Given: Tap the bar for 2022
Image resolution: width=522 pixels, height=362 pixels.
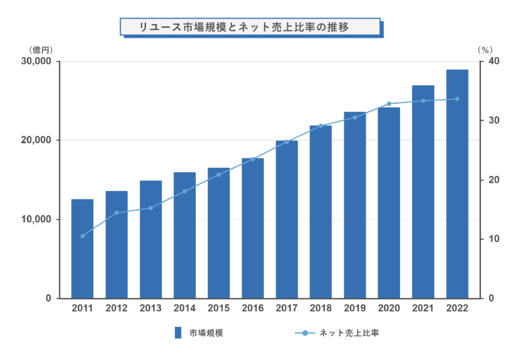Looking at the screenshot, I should click(x=457, y=184).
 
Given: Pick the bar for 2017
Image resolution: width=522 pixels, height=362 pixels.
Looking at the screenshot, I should click(x=286, y=219).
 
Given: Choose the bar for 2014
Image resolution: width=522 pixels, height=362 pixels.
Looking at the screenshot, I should click(x=185, y=235).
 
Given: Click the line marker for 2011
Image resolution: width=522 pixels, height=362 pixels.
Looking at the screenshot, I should click(x=82, y=236).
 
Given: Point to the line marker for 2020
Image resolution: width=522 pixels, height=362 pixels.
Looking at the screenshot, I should click(x=389, y=104).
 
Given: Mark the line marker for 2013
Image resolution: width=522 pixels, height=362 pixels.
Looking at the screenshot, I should click(x=150, y=208).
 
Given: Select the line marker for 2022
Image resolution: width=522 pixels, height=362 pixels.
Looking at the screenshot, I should click(x=457, y=99).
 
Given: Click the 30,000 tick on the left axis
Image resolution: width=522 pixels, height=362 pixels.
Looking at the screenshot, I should click(x=37, y=61).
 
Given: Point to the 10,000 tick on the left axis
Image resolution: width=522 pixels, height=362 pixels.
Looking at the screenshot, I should click(x=37, y=219).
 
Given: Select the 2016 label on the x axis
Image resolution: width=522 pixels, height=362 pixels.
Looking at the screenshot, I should click(x=253, y=308).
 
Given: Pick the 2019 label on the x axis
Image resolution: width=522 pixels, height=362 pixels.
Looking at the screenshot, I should click(x=355, y=308).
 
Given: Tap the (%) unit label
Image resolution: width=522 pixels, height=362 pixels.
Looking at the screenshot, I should click(x=485, y=49).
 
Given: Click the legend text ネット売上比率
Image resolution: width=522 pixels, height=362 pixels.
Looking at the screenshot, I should click(x=349, y=333).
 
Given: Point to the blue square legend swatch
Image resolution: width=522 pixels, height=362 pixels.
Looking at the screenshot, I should click(x=178, y=333).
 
